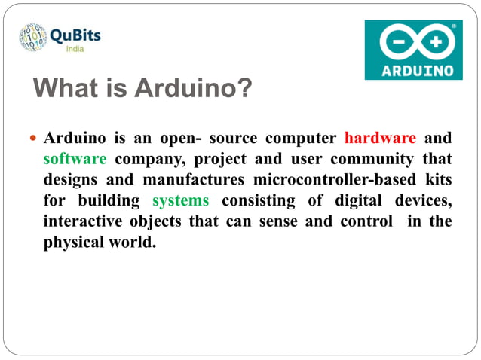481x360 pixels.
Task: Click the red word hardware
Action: (380, 138)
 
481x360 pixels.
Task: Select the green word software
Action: (75, 159)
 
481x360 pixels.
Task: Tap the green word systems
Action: (180, 201)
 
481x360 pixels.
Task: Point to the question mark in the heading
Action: (245, 89)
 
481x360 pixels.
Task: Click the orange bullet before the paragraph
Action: (32, 139)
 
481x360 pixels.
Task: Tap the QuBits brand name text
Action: (75, 35)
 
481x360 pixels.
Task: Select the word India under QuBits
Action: (75, 49)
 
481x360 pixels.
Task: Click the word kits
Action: (439, 180)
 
